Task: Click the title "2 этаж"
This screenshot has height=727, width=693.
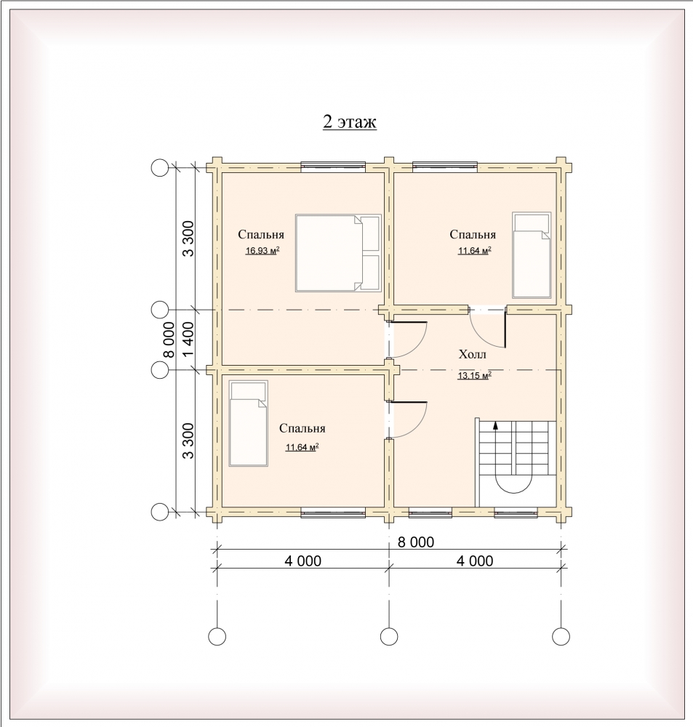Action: coord(349,121)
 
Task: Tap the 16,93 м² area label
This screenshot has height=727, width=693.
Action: coord(263,251)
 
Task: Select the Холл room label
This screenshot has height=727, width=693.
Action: coord(472,355)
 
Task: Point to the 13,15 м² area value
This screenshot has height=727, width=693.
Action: coord(475,376)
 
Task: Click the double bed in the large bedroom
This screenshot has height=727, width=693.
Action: coord(338,253)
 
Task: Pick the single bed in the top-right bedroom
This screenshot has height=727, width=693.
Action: coord(532,255)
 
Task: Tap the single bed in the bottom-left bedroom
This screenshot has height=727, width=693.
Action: coord(249,423)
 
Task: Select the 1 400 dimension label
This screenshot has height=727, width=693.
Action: coord(188,340)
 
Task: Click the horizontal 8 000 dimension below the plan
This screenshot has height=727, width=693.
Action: coord(416,542)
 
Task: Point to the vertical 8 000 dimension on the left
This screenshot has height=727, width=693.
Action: coord(169,340)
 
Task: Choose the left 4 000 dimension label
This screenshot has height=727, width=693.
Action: coord(303,561)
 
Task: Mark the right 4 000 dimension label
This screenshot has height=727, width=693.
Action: coord(475,561)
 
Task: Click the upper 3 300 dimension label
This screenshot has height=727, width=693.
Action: coord(188,238)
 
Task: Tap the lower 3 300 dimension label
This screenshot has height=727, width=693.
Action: coord(188,441)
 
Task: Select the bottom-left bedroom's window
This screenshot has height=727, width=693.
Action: coord(333,513)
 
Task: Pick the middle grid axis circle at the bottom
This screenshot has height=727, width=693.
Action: coord(389,637)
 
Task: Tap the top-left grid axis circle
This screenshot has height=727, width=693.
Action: coord(160,167)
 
